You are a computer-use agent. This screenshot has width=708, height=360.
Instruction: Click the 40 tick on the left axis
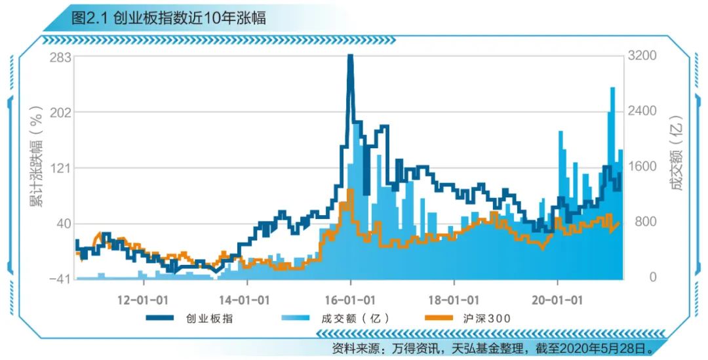click(x=63, y=224)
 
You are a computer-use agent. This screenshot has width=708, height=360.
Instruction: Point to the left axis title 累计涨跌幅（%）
click(x=37, y=156)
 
